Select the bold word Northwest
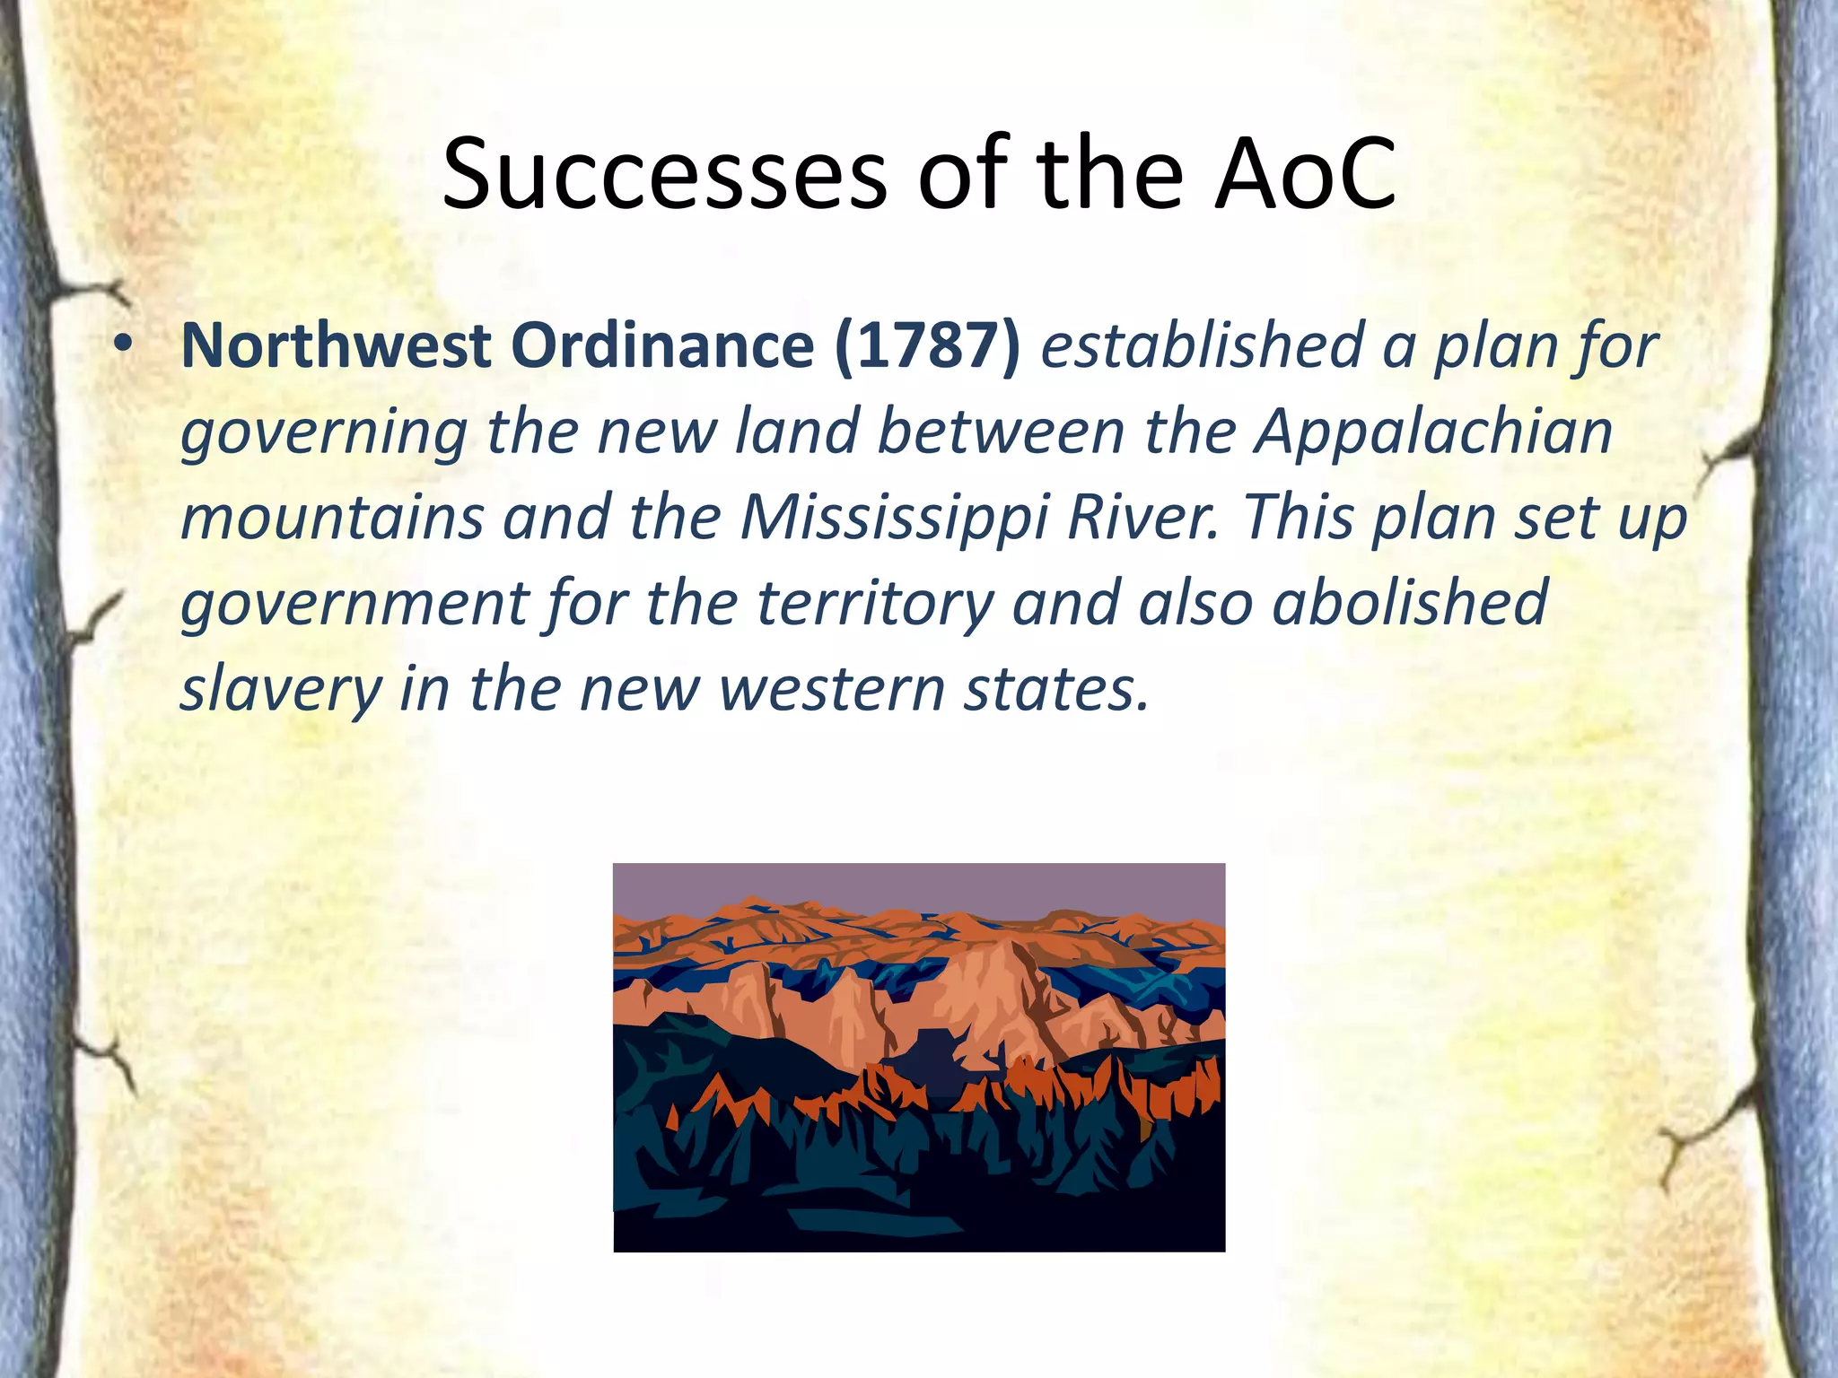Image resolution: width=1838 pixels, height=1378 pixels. click(x=336, y=345)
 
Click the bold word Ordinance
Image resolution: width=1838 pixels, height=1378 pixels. click(x=661, y=345)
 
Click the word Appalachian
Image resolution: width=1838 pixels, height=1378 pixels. click(x=1433, y=432)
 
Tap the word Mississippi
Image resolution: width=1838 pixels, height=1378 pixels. click(x=894, y=519)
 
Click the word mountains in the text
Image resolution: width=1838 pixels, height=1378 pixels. click(x=332, y=518)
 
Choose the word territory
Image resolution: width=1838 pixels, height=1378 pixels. click(x=876, y=603)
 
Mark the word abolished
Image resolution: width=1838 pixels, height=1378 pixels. click(x=1410, y=603)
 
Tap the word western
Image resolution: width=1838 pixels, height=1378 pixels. click(x=831, y=689)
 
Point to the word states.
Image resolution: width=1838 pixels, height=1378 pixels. click(x=1055, y=689)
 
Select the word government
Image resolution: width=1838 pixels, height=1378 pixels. click(x=354, y=603)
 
